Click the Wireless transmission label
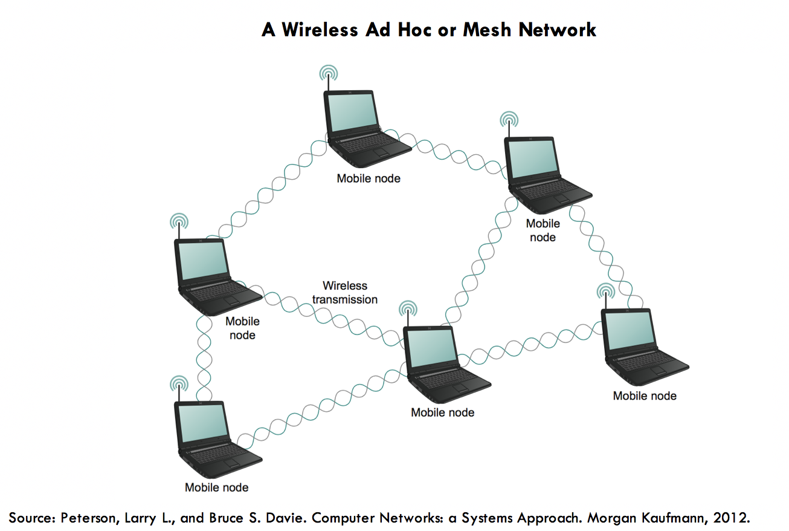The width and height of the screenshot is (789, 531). point(345,292)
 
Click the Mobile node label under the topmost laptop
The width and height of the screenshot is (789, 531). point(369,178)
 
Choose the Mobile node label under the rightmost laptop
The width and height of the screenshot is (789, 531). point(645,396)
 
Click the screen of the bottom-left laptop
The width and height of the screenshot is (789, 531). point(202,423)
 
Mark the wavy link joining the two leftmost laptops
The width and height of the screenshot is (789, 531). point(204,357)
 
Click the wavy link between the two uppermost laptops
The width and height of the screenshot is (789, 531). point(453,152)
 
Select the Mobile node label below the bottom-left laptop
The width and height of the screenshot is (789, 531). point(216,487)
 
